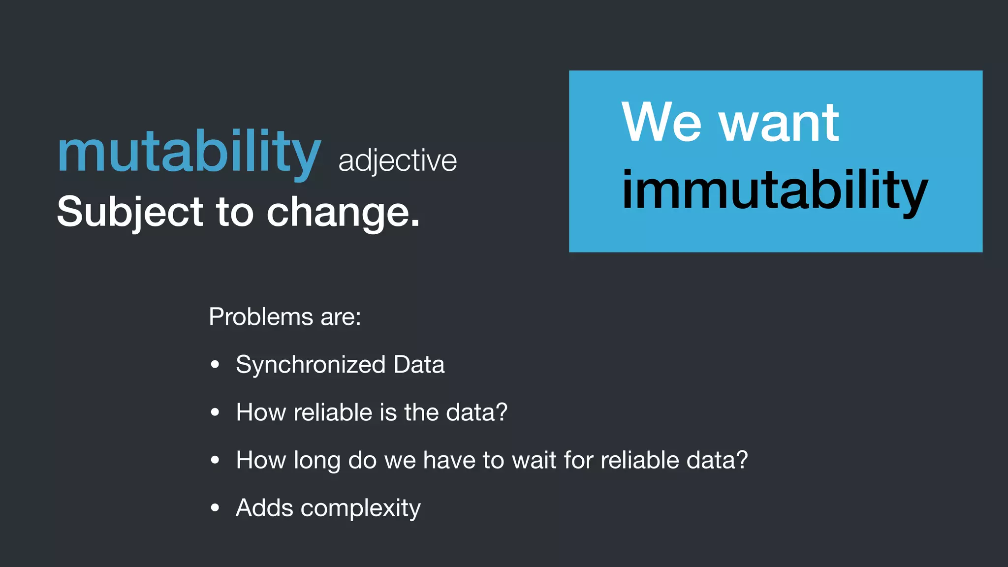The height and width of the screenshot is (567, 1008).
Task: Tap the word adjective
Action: point(398,161)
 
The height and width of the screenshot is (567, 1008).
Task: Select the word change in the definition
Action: point(343,213)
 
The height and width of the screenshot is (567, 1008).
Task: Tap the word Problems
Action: point(261,316)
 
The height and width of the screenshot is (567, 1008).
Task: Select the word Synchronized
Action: point(311,365)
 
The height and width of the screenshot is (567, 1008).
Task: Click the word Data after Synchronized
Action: point(419,365)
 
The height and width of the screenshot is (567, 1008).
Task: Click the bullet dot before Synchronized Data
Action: point(215,365)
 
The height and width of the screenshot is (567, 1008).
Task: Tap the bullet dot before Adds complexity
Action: point(215,508)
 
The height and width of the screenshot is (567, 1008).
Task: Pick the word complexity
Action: point(360,508)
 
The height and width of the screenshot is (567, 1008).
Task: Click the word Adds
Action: point(264,508)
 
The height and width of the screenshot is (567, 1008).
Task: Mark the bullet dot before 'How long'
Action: point(215,460)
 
